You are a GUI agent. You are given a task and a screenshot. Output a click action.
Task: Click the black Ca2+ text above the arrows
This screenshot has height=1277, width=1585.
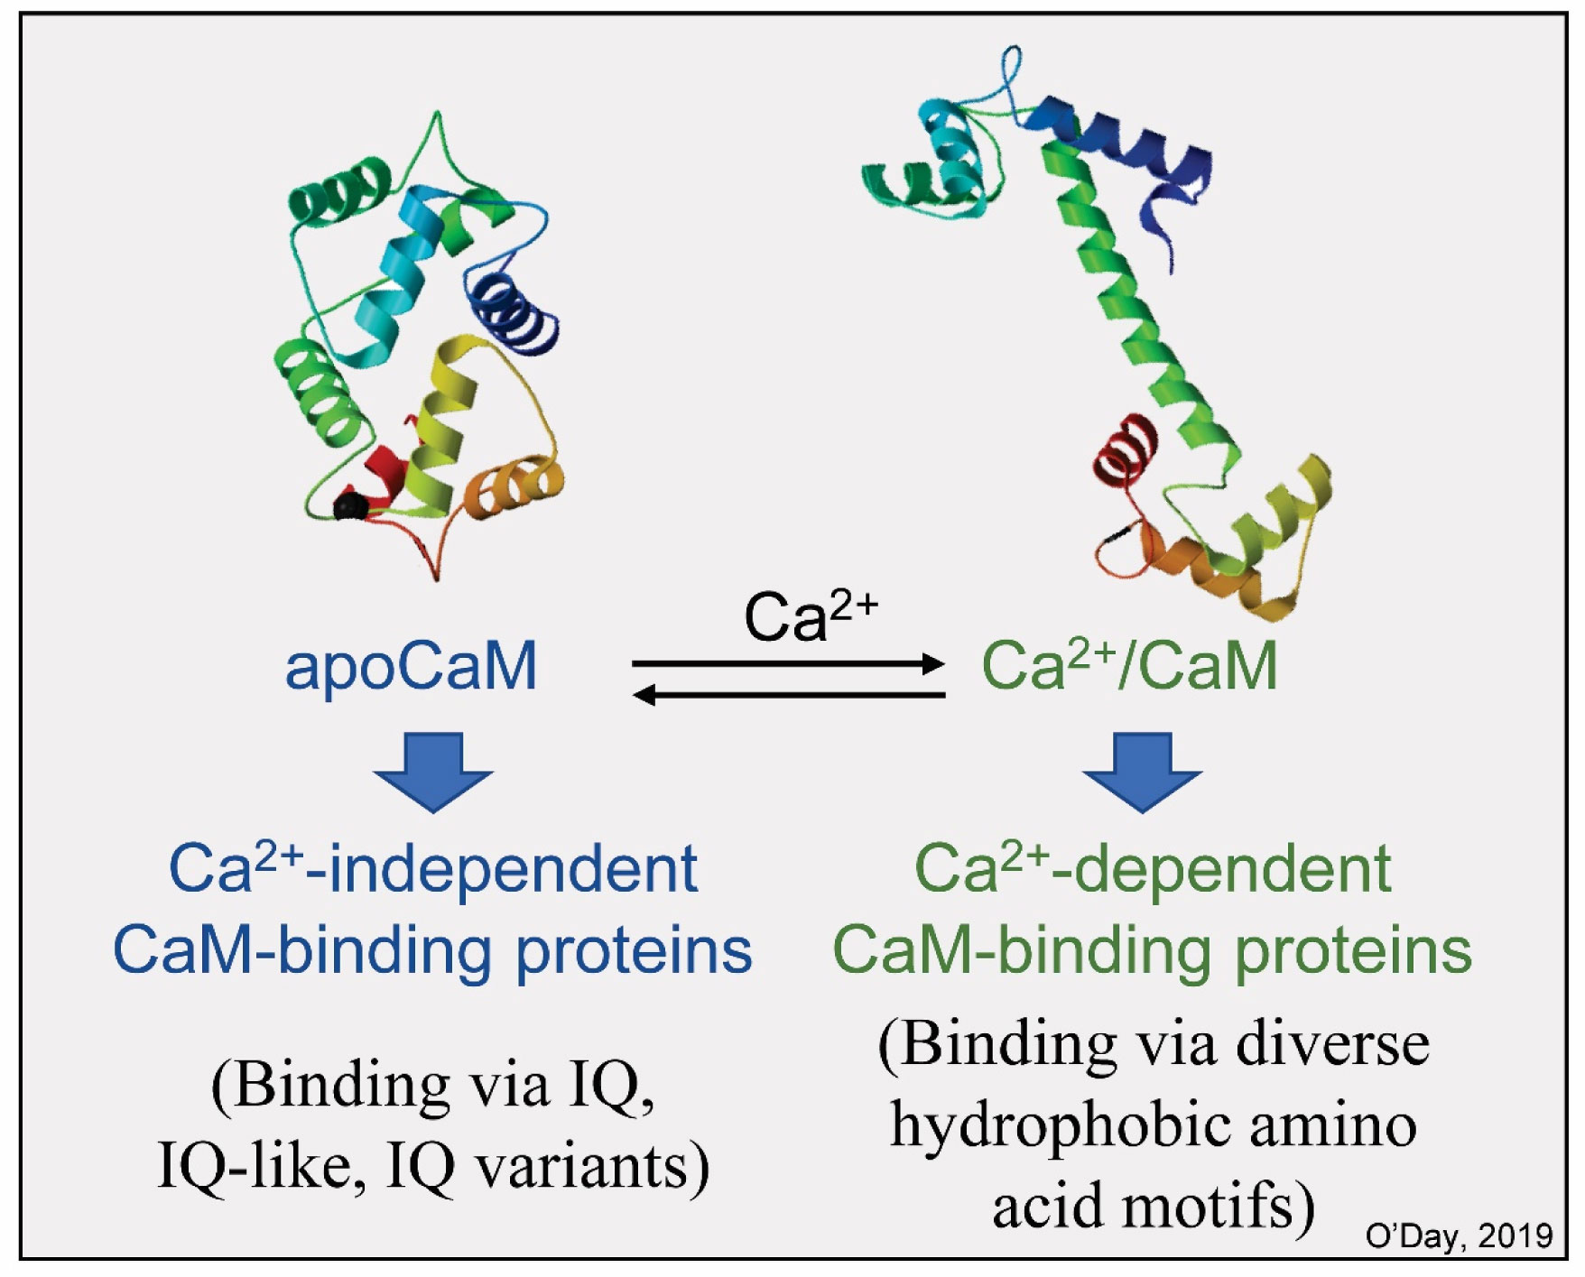pyautogui.click(x=810, y=617)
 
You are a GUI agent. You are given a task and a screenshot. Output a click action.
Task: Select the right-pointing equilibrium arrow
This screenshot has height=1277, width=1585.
pyautogui.click(x=788, y=664)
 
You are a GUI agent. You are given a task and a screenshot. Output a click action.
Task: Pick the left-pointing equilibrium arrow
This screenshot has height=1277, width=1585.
pyautogui.click(x=788, y=695)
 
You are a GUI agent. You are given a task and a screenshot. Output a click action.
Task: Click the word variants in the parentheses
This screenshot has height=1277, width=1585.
pyautogui.click(x=591, y=1167)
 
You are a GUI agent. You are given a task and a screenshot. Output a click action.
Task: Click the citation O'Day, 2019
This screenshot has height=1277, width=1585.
pyautogui.click(x=1459, y=1235)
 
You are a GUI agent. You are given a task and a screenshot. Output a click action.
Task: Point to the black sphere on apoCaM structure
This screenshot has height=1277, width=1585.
pyautogui.click(x=350, y=506)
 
